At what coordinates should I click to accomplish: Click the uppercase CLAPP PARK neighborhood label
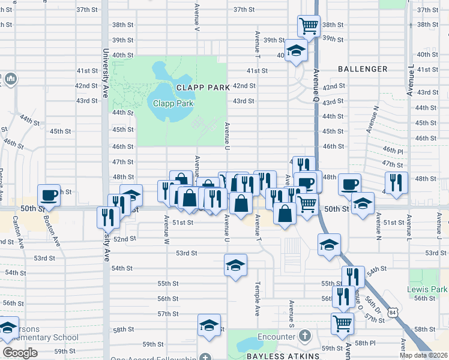203,88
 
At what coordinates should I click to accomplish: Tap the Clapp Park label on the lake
173,103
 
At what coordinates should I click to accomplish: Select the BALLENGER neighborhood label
362,69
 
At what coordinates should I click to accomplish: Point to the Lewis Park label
430,289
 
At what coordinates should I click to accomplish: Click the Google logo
20,352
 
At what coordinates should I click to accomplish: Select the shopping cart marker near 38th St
309,26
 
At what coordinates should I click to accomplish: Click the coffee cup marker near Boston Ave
49,195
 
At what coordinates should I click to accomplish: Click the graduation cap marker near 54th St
236,265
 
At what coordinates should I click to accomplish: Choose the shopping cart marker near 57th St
342,323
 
